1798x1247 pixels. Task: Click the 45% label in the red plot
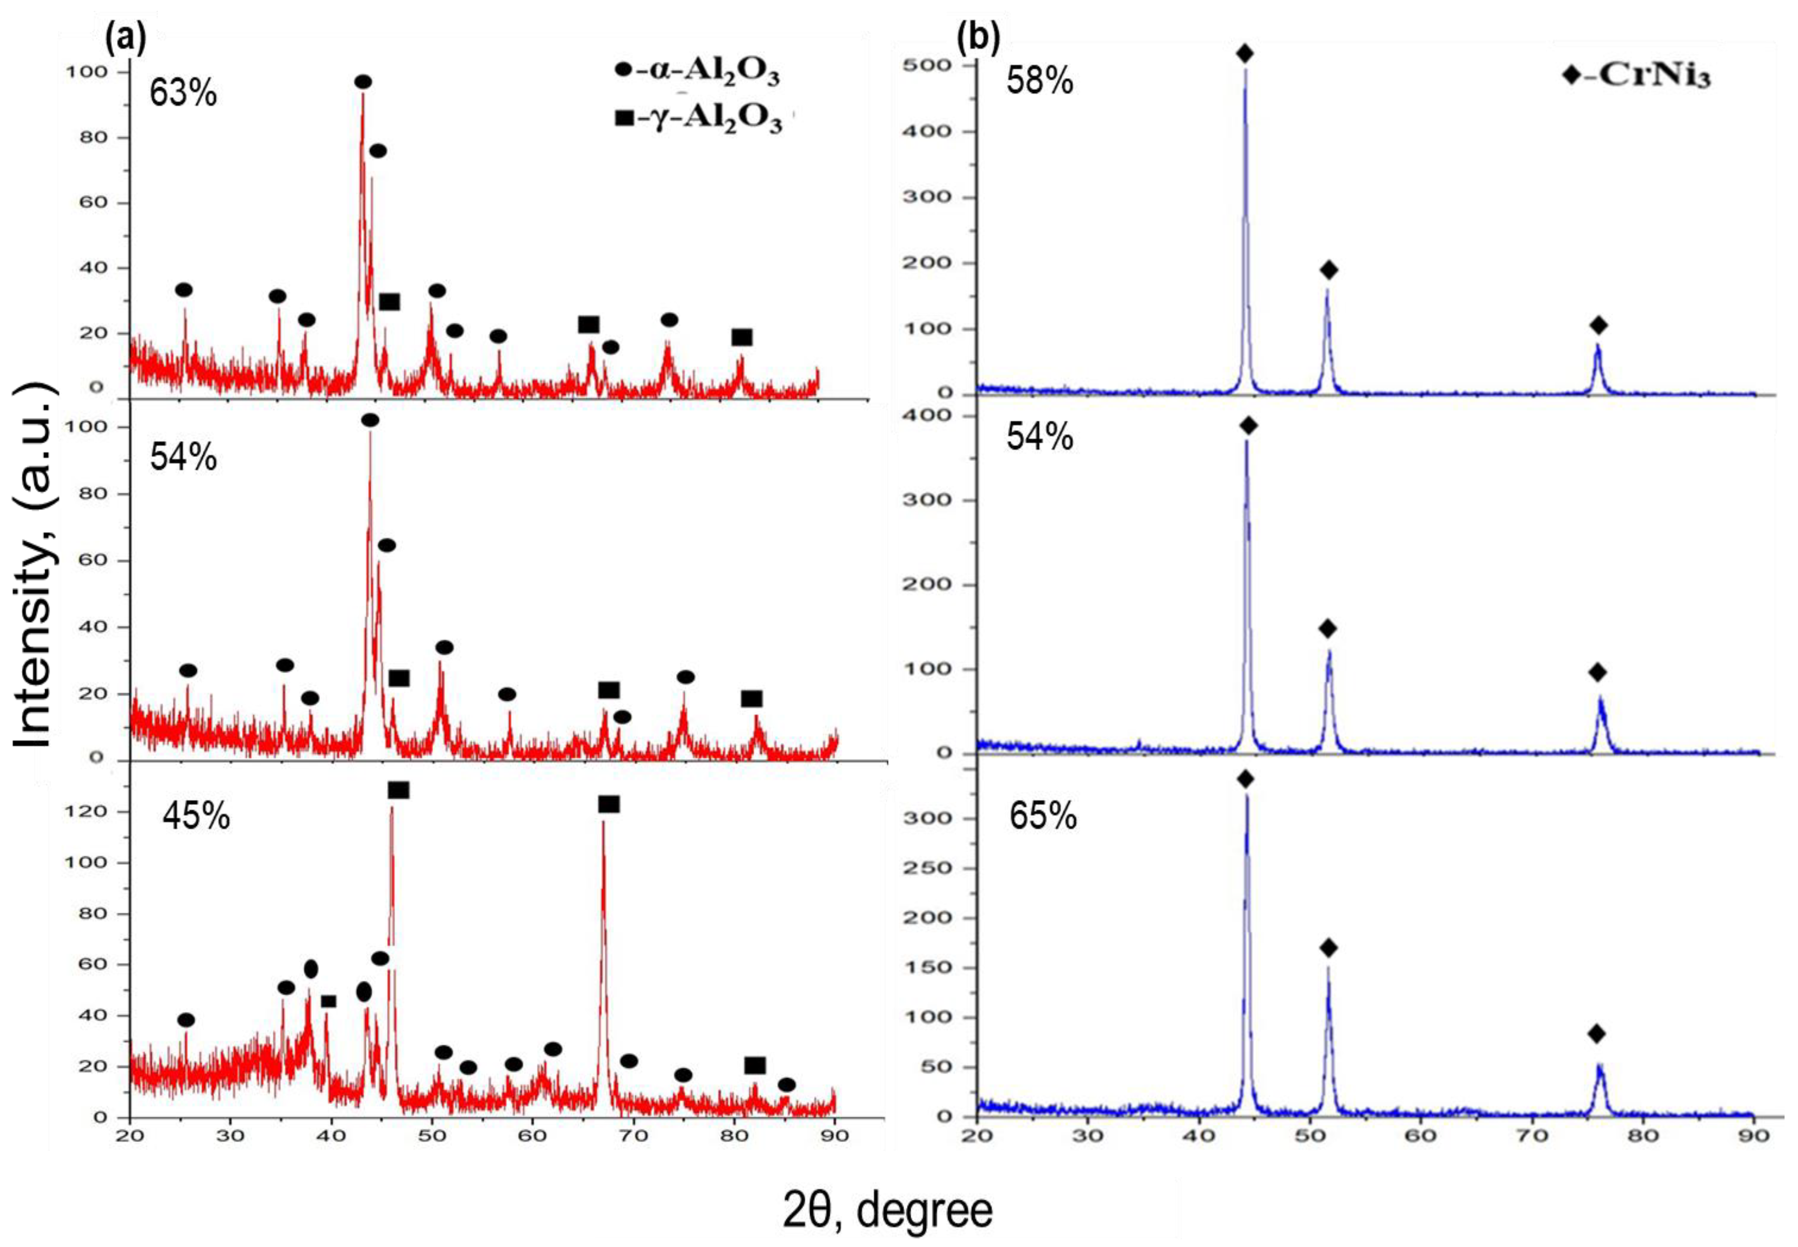(196, 817)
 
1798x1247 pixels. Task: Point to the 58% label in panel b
(1040, 81)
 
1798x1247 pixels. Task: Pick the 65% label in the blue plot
(1043, 817)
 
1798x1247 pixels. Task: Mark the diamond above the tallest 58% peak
(1245, 54)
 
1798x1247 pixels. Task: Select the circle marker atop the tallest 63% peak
(363, 82)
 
